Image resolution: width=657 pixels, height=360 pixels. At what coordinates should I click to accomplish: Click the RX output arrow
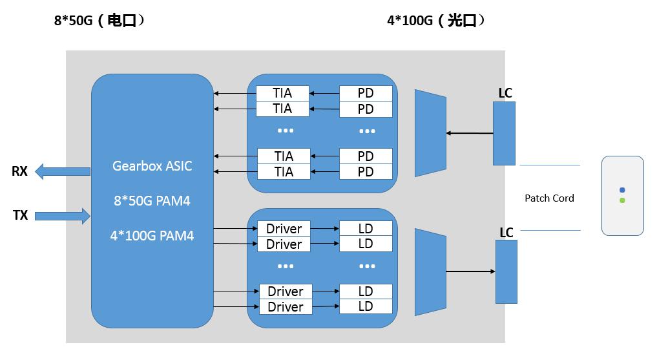click(x=62, y=171)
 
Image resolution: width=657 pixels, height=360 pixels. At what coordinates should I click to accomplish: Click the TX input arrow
click(x=62, y=215)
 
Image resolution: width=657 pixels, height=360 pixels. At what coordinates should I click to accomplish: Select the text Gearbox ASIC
click(x=152, y=166)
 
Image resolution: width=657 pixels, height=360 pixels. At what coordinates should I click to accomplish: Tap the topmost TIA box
click(x=282, y=93)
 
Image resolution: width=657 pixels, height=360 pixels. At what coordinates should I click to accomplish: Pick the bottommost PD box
click(x=366, y=172)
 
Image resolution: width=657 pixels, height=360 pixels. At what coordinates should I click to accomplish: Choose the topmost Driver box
click(x=284, y=229)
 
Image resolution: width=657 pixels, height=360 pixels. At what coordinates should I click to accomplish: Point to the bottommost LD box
click(x=366, y=306)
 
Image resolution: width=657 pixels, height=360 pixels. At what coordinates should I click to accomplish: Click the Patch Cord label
click(x=549, y=198)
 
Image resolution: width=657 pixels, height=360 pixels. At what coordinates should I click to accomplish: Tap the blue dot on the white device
click(x=622, y=191)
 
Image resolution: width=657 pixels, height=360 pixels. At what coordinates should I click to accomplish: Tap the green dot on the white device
click(x=622, y=200)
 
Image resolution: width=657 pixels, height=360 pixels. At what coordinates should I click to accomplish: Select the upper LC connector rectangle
click(x=504, y=133)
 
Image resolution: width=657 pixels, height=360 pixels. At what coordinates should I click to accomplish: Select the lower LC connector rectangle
click(x=506, y=271)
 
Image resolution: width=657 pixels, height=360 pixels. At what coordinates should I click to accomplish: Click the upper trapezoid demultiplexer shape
click(x=430, y=133)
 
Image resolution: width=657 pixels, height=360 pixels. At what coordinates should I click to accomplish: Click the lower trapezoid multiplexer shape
click(x=430, y=271)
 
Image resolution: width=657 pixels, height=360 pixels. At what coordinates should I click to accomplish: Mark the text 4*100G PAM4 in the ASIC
click(x=152, y=236)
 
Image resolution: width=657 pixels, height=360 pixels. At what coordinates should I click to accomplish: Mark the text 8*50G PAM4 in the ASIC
click(x=152, y=201)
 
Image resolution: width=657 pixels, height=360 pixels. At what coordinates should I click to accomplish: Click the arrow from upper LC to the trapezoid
click(x=470, y=134)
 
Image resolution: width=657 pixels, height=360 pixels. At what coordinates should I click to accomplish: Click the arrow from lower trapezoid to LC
click(x=470, y=271)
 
